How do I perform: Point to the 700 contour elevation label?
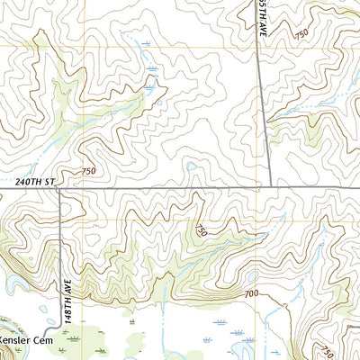pos(250,294)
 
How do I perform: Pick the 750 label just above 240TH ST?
pos(87,171)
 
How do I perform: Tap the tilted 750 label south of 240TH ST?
pos(201,230)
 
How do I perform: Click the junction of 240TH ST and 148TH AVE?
pos(59,189)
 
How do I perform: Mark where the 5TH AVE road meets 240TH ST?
pos(262,188)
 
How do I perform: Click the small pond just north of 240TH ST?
pos(191,166)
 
